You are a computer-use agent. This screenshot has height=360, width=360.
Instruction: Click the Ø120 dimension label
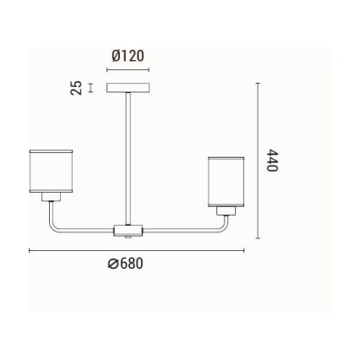(128, 56)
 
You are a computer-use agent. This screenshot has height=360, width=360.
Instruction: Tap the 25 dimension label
(76, 87)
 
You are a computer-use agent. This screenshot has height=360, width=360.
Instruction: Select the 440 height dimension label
(272, 161)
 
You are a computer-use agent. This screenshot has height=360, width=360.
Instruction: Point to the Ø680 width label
(126, 263)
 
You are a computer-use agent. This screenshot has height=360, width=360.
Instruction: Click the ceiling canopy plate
(128, 87)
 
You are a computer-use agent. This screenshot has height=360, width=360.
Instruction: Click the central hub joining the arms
(129, 229)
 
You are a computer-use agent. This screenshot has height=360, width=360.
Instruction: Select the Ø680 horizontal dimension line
(135, 251)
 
